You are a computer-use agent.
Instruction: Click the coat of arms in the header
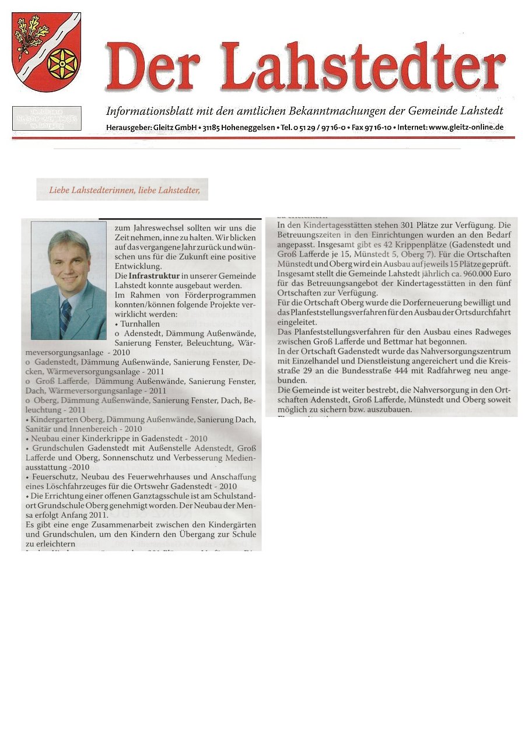point(46,51)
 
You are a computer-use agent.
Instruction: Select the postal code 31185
point(201,127)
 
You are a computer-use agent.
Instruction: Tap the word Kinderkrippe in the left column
point(108,439)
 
